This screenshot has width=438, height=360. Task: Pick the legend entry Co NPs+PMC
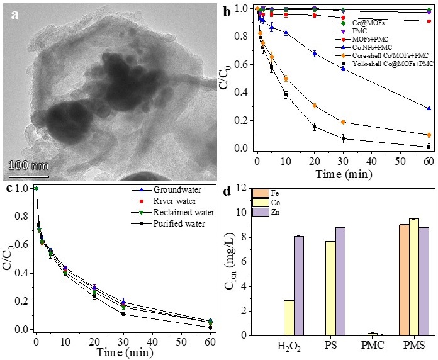coord(375,48)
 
